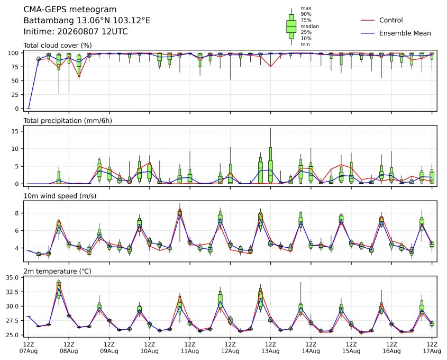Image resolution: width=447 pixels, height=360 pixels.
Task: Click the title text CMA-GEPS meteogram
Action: coord(70,10)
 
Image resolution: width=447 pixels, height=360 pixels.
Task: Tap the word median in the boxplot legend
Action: coord(309,26)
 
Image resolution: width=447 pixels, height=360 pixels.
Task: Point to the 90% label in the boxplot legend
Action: coord(306,14)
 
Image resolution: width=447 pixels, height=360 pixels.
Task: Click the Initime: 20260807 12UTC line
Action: coord(76,31)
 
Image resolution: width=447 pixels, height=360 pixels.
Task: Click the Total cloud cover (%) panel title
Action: coord(58,46)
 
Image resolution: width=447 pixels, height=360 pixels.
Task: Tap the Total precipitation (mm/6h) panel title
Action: coord(68,121)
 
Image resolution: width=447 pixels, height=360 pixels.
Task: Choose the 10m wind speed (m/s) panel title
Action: coord(60,196)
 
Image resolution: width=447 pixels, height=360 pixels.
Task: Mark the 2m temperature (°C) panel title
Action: coord(57,271)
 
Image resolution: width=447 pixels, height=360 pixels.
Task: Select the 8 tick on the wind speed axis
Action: coord(17,213)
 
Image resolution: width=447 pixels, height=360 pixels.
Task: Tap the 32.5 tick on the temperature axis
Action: coord(12,292)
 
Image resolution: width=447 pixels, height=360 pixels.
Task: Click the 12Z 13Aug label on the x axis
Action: coord(270,347)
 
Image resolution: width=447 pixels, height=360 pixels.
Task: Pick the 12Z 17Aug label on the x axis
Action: coord(432,347)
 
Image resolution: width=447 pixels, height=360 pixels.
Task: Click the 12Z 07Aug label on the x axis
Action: coord(28,347)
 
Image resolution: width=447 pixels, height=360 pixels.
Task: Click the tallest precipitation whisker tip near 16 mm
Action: coord(270,128)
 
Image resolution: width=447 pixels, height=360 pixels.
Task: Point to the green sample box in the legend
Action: coord(291,26)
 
